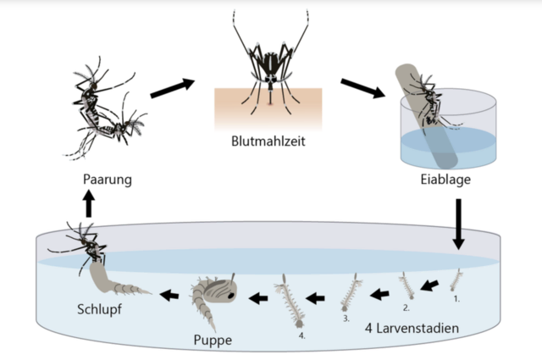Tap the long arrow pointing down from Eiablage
(458, 224)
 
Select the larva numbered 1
(457, 280)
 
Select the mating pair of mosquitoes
(106, 110)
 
